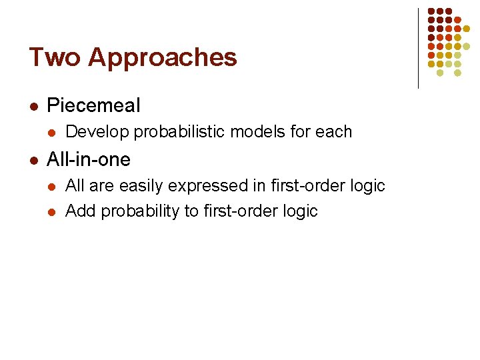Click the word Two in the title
(x=54, y=57)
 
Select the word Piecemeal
(x=94, y=105)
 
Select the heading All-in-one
(x=89, y=160)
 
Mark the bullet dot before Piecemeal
(x=33, y=106)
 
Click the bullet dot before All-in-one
(x=33, y=160)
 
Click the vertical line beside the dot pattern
(x=418, y=48)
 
